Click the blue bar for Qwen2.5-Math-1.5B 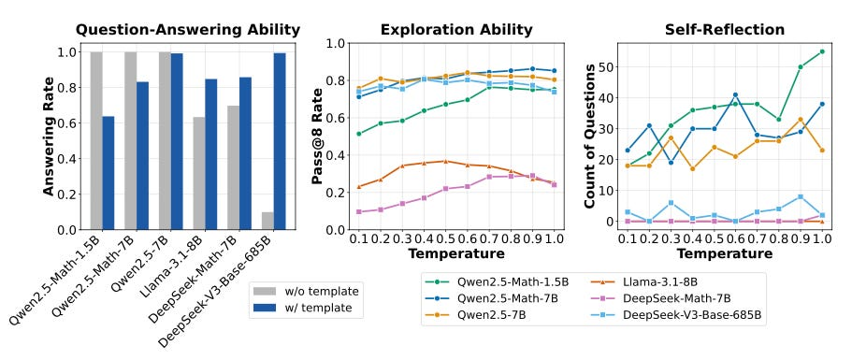click(108, 173)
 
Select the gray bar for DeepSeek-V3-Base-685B click(267, 221)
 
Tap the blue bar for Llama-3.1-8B click(210, 154)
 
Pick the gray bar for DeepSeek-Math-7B click(233, 167)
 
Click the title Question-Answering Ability click(187, 30)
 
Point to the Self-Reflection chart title click(725, 30)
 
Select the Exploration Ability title click(456, 30)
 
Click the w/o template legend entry click(307, 292)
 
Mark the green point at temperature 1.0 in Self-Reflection click(822, 51)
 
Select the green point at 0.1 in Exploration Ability click(358, 134)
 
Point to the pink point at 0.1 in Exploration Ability click(358, 211)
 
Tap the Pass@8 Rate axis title click(317, 137)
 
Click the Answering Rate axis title click(50, 137)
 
